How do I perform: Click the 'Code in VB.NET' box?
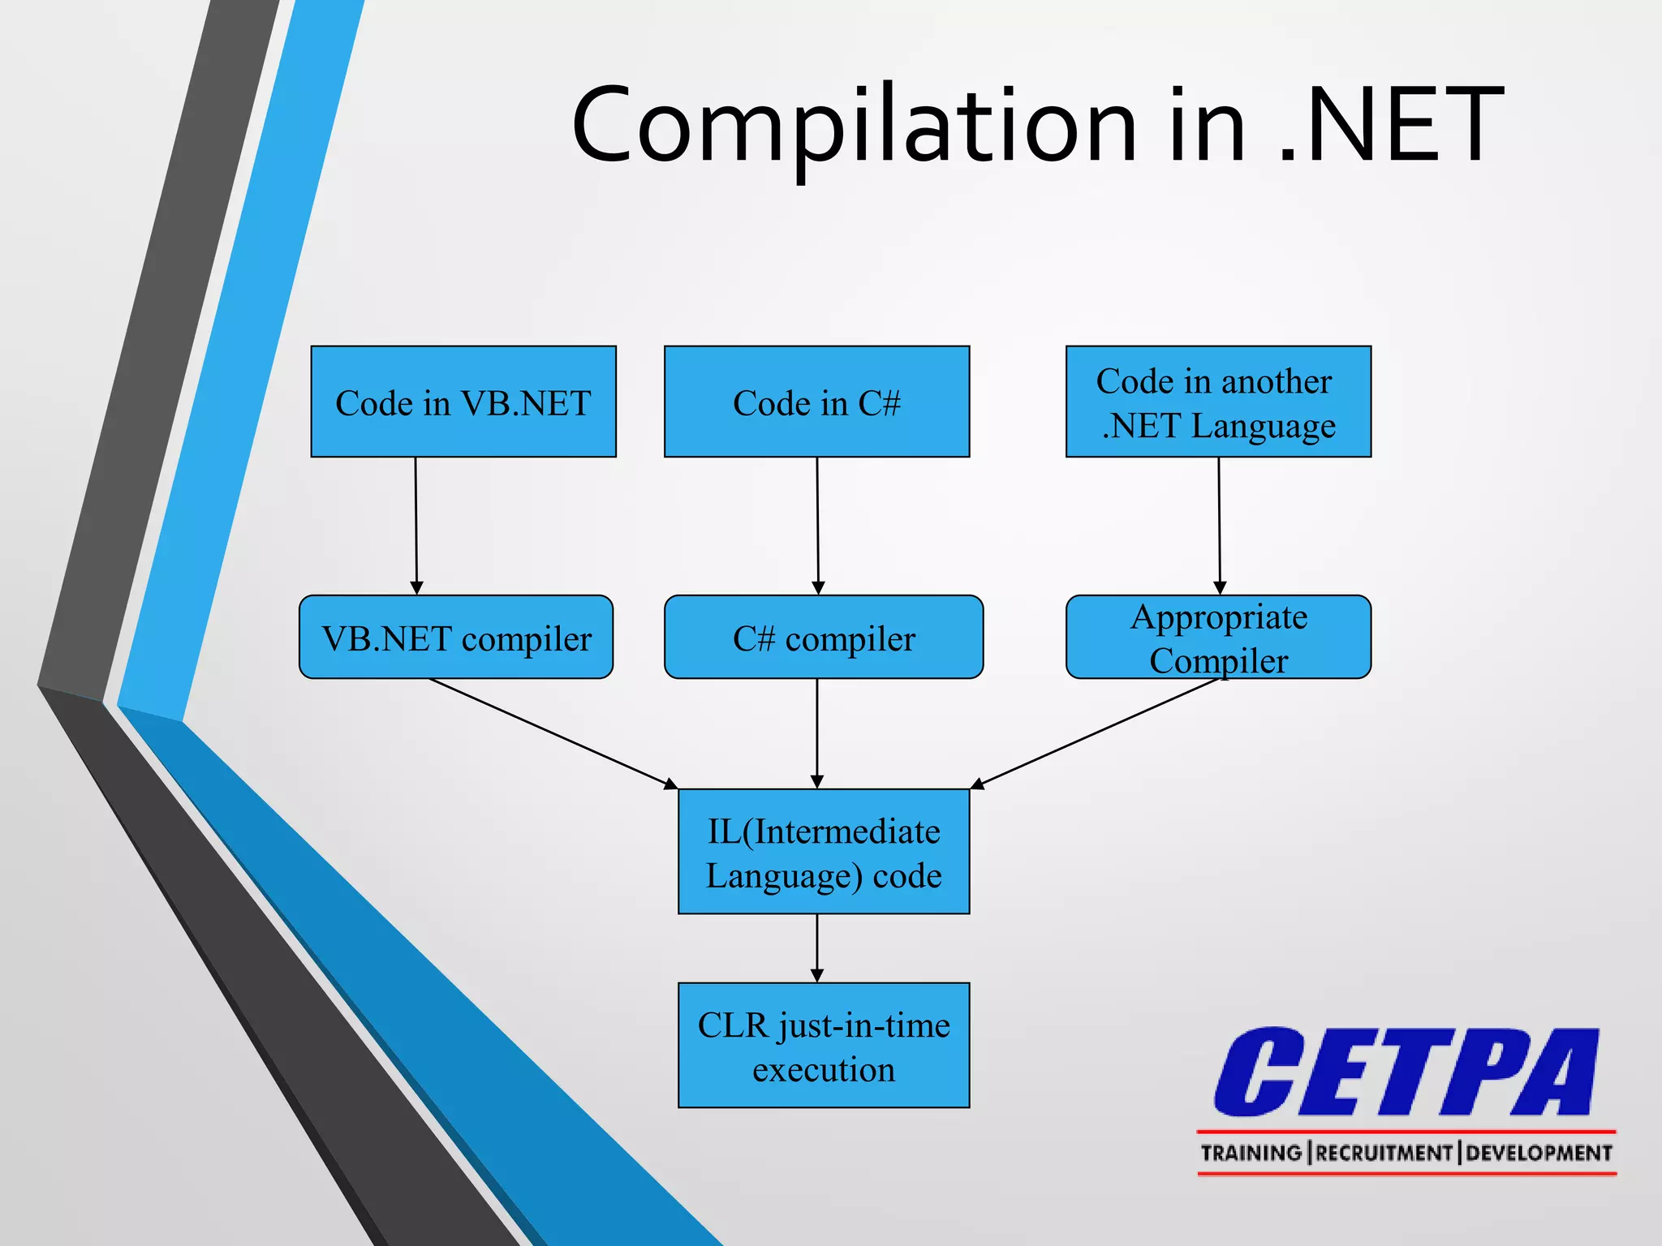(x=463, y=402)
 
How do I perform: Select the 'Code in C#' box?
(x=816, y=402)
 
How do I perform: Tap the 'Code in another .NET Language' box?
(x=1218, y=402)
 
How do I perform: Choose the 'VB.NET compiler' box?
(x=456, y=637)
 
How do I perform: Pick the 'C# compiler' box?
(x=823, y=637)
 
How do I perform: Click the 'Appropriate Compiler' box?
(x=1218, y=637)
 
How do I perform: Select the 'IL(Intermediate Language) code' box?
(x=824, y=852)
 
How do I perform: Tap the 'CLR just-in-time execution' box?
(x=824, y=1046)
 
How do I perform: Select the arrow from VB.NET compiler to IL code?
(x=552, y=733)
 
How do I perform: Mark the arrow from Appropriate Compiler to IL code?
(x=1096, y=733)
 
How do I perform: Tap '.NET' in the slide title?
(x=1392, y=126)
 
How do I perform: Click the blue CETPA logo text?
(x=1406, y=1072)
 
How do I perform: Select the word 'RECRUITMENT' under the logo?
(x=1384, y=1153)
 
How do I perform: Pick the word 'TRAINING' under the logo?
(x=1251, y=1153)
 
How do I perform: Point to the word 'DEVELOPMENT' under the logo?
(x=1539, y=1153)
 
